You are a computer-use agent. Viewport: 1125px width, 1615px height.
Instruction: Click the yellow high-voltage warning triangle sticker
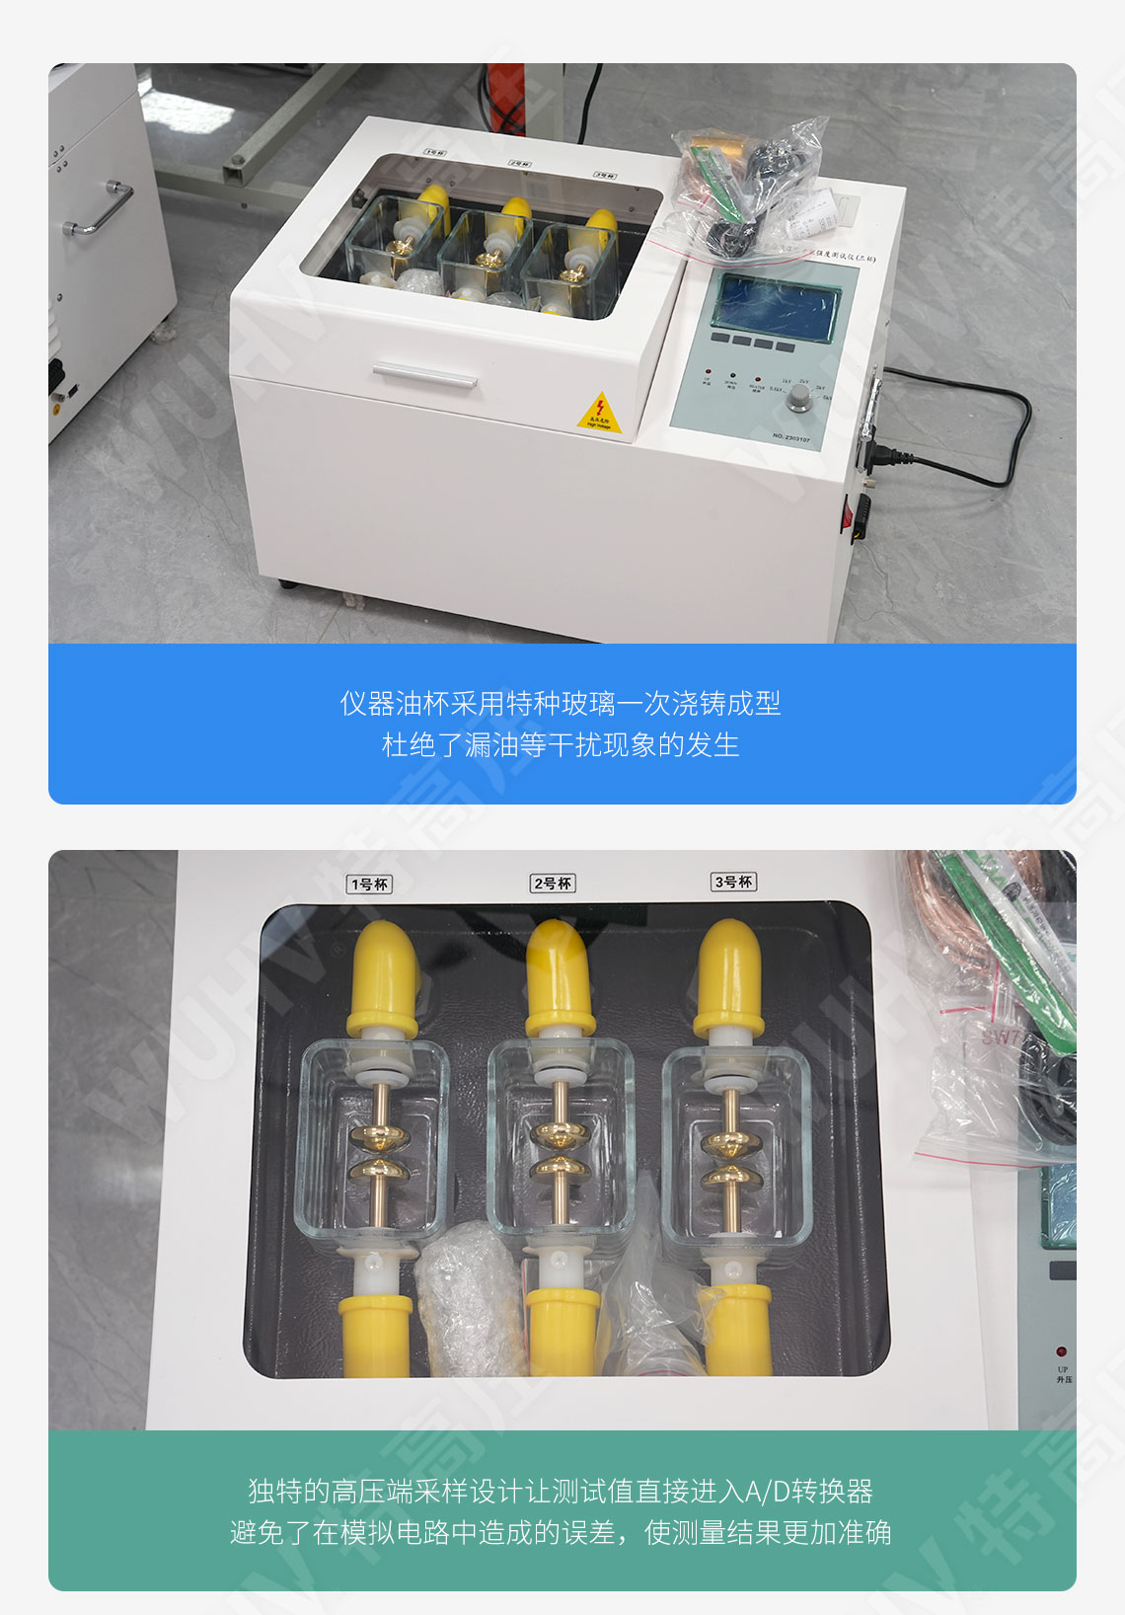pyautogui.click(x=598, y=413)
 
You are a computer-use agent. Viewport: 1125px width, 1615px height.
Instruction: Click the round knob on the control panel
pyautogui.click(x=799, y=397)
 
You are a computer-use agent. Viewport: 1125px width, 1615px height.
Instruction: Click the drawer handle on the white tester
pyautogui.click(x=424, y=375)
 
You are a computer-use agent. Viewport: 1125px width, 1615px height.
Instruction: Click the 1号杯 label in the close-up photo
pyautogui.click(x=370, y=884)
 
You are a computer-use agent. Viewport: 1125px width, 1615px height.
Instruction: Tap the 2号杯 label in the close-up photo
pyautogui.click(x=553, y=883)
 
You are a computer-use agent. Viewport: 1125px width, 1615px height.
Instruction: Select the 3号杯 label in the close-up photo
pyautogui.click(x=733, y=882)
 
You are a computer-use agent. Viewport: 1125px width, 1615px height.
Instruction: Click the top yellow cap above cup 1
pyautogui.click(x=385, y=977)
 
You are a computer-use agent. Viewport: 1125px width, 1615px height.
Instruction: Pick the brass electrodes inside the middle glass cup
pyautogui.click(x=560, y=1150)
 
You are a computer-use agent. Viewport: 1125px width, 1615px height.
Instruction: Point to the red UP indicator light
pyautogui.click(x=1061, y=1351)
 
